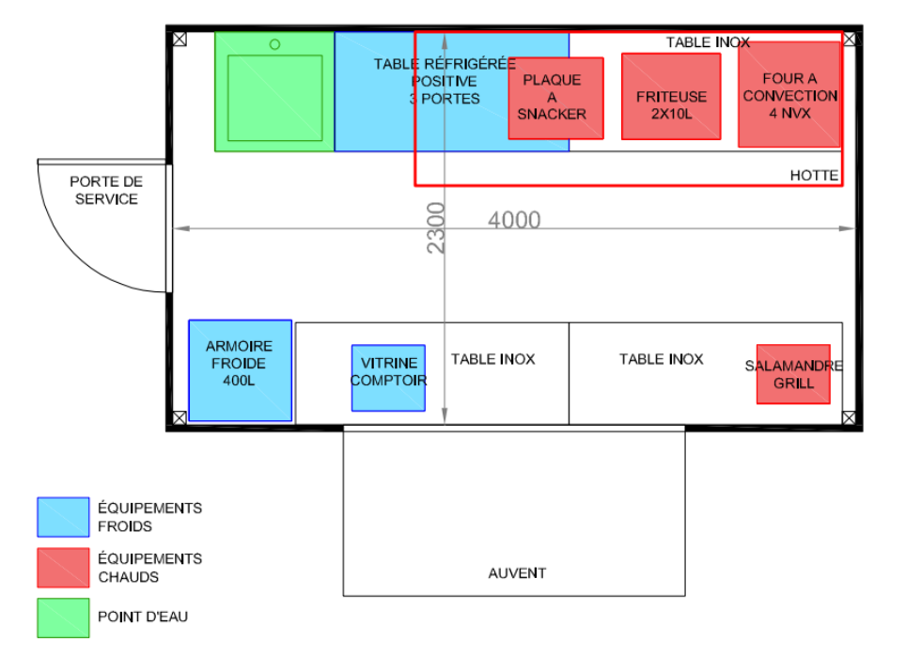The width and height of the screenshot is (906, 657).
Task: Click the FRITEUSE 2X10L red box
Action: (x=671, y=97)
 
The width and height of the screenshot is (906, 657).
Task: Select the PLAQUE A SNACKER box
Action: (x=555, y=99)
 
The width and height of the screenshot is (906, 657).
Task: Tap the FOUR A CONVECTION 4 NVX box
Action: (x=789, y=94)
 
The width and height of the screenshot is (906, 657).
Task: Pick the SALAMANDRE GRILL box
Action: (x=793, y=374)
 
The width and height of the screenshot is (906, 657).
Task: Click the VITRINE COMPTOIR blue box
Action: (x=388, y=378)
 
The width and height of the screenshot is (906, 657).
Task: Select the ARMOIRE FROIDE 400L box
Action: (x=240, y=370)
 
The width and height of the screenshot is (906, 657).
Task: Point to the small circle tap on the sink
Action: (x=275, y=44)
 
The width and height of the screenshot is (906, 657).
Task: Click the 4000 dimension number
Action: (x=514, y=220)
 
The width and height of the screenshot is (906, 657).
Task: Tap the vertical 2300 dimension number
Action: (x=436, y=227)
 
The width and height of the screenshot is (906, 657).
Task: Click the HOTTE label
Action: (x=814, y=176)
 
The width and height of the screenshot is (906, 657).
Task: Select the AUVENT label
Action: (x=517, y=573)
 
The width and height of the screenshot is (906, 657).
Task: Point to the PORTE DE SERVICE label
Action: (x=106, y=190)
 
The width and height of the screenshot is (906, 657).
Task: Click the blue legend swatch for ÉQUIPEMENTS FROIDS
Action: (x=63, y=517)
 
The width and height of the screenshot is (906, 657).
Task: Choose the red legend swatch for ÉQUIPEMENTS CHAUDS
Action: (x=63, y=568)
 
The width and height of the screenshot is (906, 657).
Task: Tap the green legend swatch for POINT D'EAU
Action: (x=63, y=618)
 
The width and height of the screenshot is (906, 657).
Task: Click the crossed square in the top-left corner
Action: (x=180, y=39)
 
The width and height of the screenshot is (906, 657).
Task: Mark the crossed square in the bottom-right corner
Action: (x=849, y=417)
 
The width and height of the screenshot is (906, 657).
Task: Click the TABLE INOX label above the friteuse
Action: (x=708, y=42)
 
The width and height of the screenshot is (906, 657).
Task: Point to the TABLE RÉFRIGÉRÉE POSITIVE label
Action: (x=445, y=72)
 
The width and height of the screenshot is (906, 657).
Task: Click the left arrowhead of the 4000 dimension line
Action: (x=181, y=228)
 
